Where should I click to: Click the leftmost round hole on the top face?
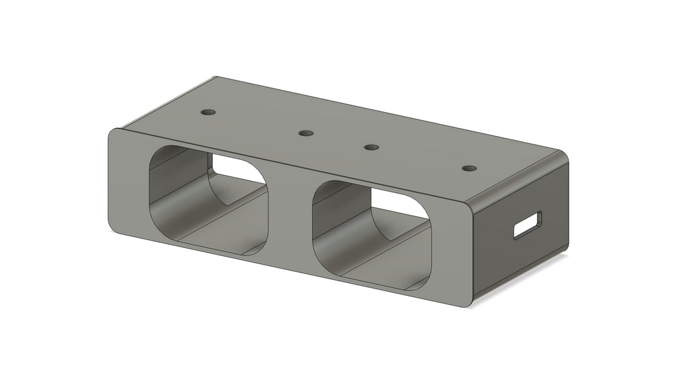coord(209,111)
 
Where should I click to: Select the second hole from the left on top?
coord(306,133)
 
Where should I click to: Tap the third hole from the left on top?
coord(371,147)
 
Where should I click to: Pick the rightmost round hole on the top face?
coord(469,168)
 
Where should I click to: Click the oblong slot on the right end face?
coord(528,225)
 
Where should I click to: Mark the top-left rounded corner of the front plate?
coord(113,133)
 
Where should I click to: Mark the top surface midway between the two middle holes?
coord(338,140)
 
